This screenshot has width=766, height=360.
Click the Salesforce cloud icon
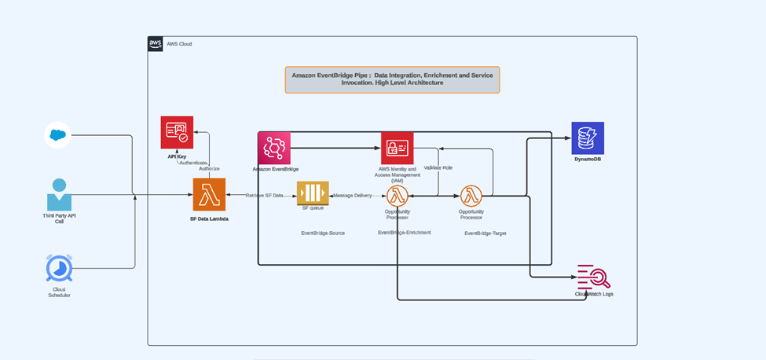(57, 135)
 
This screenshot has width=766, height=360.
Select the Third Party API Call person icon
(58, 194)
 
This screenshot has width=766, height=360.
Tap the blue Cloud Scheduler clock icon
(58, 268)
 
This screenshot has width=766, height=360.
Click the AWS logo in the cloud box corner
(156, 44)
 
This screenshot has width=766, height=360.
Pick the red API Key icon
(177, 132)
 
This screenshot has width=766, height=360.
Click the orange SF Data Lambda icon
(209, 194)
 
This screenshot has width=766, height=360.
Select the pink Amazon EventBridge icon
(274, 148)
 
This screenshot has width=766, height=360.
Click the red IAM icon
(397, 148)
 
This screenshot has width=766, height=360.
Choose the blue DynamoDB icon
(588, 138)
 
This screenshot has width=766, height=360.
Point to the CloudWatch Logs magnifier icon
(593, 277)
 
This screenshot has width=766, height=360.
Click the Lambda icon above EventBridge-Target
(471, 195)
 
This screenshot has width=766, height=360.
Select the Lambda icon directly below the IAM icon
(397, 195)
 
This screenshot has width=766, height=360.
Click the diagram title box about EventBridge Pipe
(391, 79)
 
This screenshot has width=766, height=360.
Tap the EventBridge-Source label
(323, 233)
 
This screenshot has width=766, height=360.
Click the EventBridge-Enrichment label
(404, 233)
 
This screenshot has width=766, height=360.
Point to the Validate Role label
(438, 167)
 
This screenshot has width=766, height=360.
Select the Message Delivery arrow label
(352, 195)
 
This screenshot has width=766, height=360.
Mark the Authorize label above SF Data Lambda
(209, 168)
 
